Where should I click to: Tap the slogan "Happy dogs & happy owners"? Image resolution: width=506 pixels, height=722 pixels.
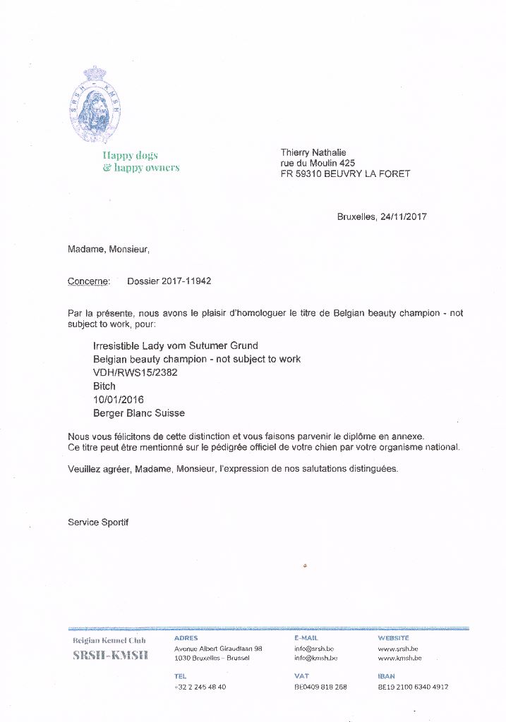[x=140, y=161]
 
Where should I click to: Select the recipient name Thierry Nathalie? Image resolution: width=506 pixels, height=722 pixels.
[x=313, y=152]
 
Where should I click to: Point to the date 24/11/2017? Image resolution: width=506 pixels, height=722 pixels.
[x=403, y=216]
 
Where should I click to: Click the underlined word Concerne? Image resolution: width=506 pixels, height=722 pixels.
[x=88, y=281]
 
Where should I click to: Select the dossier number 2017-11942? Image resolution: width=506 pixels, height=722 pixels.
[x=187, y=281]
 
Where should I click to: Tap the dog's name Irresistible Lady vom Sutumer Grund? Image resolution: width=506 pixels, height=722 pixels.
[x=176, y=345]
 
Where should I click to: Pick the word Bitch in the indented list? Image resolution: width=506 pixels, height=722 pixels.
[x=104, y=386]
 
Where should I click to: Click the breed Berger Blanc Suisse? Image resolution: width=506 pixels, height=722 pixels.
[x=139, y=413]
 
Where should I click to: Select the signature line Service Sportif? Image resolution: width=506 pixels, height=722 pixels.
[x=98, y=522]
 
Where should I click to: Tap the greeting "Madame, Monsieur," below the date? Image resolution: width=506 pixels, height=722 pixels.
[x=109, y=248]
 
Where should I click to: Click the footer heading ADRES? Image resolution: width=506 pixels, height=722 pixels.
[x=186, y=638]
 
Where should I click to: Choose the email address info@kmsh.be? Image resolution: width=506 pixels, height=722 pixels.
[x=315, y=658]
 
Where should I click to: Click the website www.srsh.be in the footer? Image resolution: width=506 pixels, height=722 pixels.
[x=398, y=649]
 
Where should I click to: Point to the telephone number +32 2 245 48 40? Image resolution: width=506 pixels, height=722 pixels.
[x=200, y=687]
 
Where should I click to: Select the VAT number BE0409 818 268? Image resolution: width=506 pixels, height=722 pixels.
[x=320, y=687]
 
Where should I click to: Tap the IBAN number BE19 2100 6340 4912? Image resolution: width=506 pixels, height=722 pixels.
[x=413, y=687]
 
